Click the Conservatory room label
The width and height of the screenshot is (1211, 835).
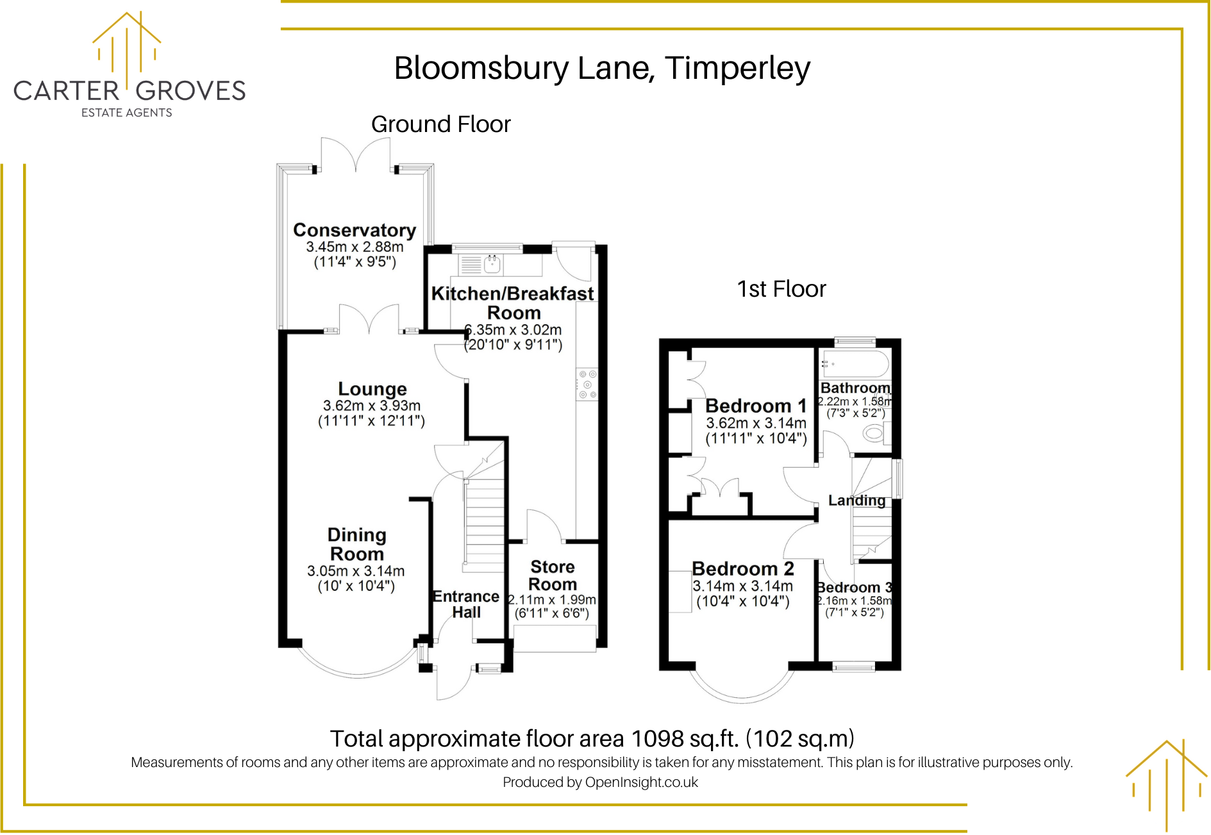coord(355,230)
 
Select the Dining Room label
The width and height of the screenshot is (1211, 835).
coord(356,544)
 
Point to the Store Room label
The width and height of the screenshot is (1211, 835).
coord(552,575)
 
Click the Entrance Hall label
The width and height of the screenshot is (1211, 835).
coord(466,604)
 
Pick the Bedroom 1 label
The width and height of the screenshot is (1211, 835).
coord(756,406)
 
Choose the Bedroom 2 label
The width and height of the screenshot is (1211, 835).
coord(742,568)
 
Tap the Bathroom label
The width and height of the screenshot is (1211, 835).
coord(855,388)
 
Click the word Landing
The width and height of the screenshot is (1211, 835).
coord(856,500)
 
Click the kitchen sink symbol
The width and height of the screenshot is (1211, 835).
coord(492,264)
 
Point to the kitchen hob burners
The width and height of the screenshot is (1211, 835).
coord(587,384)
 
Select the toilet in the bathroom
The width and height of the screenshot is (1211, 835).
coord(874,433)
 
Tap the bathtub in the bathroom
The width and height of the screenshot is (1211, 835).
coord(856,364)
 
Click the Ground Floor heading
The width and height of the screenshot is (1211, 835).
coord(440,124)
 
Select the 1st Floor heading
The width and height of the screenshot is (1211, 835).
coord(781,289)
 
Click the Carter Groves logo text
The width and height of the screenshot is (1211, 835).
coord(129,91)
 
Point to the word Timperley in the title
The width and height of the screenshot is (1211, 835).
coord(737,68)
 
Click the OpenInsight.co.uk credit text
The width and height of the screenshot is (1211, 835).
coord(641,782)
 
